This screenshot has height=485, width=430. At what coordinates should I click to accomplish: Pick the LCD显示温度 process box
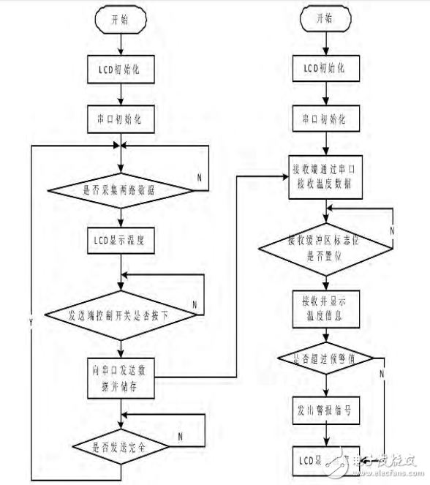click(x=120, y=238)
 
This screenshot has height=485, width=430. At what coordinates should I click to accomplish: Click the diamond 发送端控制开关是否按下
click(x=120, y=315)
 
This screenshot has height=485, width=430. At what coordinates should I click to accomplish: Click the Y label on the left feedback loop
click(x=31, y=323)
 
